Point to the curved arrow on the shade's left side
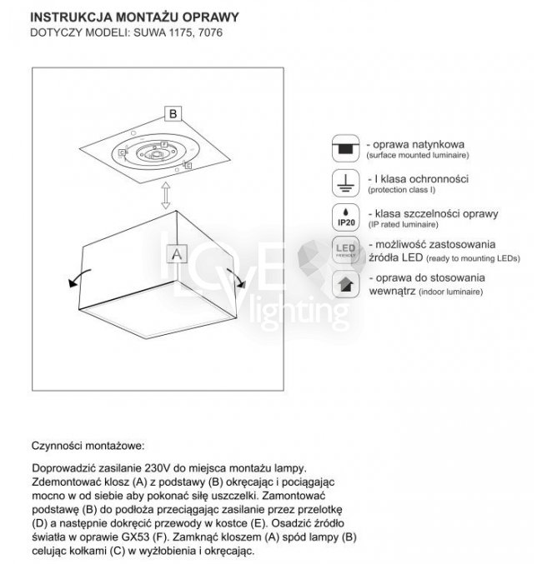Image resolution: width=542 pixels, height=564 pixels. pyautogui.click(x=74, y=278)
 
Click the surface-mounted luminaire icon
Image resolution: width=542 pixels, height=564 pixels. pyautogui.click(x=344, y=147)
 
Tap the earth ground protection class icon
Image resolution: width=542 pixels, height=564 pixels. pyautogui.click(x=344, y=182)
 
